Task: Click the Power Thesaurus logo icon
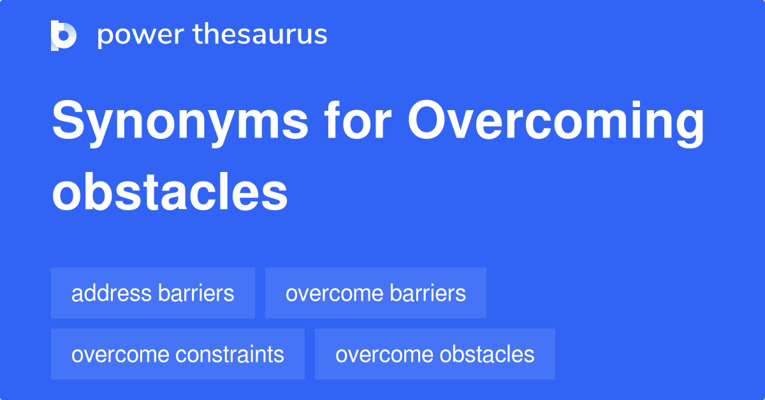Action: point(64,35)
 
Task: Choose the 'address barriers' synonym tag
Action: point(153,293)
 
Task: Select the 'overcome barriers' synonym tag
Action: point(375,293)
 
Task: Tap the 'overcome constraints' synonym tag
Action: point(178,354)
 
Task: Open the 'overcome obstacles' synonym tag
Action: point(435,354)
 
